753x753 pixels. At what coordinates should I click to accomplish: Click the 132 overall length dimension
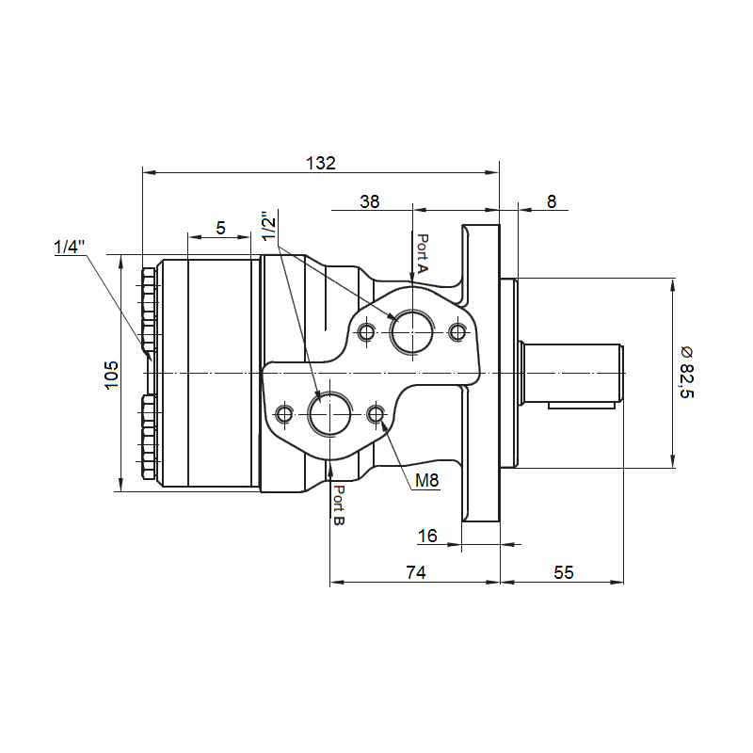pyautogui.click(x=321, y=163)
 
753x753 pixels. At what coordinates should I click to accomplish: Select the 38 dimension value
pyautogui.click(x=369, y=201)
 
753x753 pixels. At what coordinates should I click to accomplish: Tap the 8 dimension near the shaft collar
pyautogui.click(x=552, y=201)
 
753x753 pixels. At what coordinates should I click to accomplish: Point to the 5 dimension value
pyautogui.click(x=220, y=228)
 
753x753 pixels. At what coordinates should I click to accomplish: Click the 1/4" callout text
pyautogui.click(x=69, y=247)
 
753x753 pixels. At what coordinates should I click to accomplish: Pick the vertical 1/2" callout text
pyautogui.click(x=269, y=225)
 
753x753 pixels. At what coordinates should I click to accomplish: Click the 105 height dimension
pyautogui.click(x=111, y=375)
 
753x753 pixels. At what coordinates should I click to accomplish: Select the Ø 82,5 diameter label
pyautogui.click(x=687, y=372)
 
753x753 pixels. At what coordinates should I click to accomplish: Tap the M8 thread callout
pyautogui.click(x=427, y=480)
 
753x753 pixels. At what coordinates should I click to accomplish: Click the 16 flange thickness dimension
pyautogui.click(x=427, y=536)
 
